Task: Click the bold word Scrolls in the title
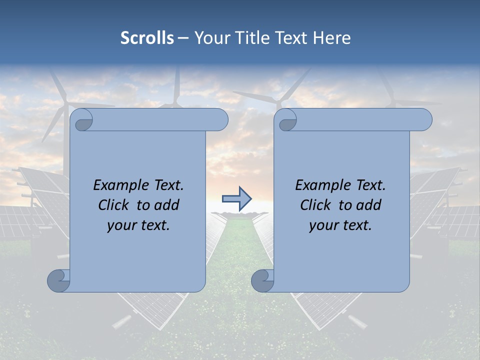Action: (147, 38)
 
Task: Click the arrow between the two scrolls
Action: (237, 198)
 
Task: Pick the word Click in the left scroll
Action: (116, 205)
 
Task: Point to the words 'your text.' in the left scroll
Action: (138, 225)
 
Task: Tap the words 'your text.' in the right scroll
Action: (340, 225)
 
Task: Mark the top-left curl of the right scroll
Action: (286, 120)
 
